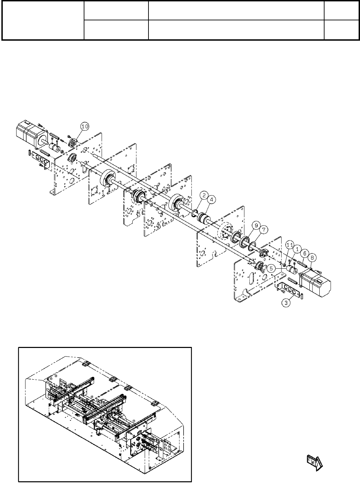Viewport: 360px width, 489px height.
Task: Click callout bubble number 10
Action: coord(85,127)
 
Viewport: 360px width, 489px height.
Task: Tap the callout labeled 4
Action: coord(212,199)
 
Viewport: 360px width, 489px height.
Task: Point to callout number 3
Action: coord(286,303)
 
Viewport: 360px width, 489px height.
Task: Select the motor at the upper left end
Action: coord(29,131)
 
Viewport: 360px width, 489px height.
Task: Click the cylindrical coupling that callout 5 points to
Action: coord(292,270)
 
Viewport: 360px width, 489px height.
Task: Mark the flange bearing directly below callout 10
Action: coord(73,143)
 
